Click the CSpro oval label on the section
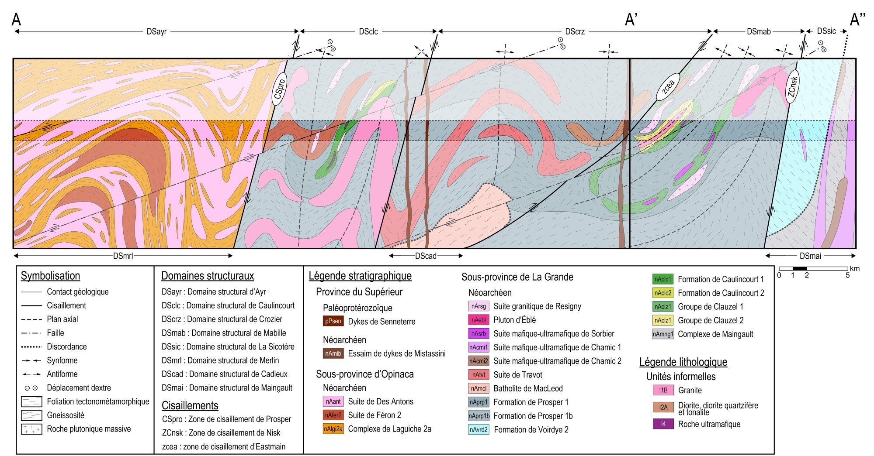click(x=280, y=89)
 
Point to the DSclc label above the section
click(x=368, y=31)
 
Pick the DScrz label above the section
click(x=575, y=31)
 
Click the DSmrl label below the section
click(x=123, y=256)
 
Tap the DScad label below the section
click(x=426, y=256)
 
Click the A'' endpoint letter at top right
click(x=857, y=20)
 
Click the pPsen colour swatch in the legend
click(x=333, y=322)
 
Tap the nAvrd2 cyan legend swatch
click(x=479, y=430)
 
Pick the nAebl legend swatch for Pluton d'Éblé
click(x=479, y=320)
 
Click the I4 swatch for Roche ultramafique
click(x=663, y=424)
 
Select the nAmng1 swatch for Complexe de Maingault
click(x=663, y=334)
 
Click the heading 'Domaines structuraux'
click(x=207, y=276)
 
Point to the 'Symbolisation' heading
click(x=51, y=276)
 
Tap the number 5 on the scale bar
click(x=847, y=275)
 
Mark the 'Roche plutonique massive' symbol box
click(x=31, y=429)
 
